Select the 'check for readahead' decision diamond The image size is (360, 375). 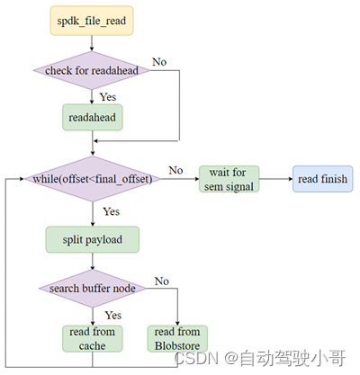point(93,69)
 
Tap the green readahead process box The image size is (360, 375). point(93,116)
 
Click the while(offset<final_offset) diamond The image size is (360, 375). point(93,179)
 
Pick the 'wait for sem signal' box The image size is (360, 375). point(229,179)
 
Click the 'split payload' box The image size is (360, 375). point(93,239)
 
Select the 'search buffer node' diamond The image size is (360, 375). point(93,288)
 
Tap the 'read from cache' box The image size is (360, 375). point(93,337)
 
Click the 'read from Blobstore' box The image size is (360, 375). point(178,337)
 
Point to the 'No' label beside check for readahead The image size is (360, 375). point(158,62)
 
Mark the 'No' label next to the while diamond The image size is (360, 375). point(176,169)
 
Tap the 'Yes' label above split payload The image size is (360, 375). point(112,212)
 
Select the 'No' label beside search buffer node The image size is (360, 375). point(162,281)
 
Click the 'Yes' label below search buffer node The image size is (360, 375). point(112,315)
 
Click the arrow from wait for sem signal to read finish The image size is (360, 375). point(274,179)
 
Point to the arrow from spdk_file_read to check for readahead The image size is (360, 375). point(93,44)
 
